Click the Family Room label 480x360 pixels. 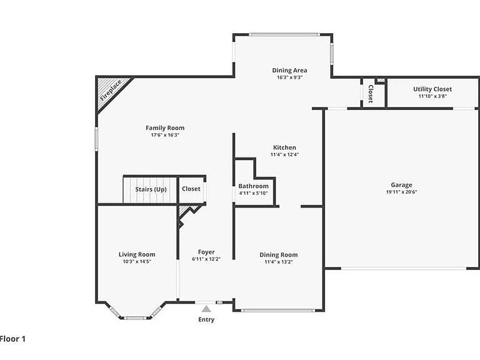pos(165,128)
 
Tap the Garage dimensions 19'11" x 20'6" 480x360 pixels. pos(401,192)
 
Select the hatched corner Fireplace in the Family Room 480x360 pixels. pos(112,92)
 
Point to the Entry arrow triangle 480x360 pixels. pos(206,309)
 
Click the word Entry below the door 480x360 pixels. pos(206,319)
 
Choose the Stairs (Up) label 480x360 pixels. pos(151,189)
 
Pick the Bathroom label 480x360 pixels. pos(254,186)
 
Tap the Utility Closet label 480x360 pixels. pos(432,89)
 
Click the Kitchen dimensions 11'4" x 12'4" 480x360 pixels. pos(284,154)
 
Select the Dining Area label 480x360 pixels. pos(289,71)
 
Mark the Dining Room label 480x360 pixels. pos(279,255)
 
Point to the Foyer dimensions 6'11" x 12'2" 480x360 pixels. pos(206,259)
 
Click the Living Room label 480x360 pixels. pos(137,254)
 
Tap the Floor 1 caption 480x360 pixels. pos(12,339)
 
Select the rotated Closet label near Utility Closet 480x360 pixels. pos(371,94)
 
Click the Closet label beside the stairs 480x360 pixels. pos(191,189)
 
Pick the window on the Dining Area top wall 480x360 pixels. pos(284,34)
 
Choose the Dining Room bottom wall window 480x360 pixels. pos(277,311)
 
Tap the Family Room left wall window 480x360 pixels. pos(96,139)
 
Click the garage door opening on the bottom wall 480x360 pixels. pos(404,269)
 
